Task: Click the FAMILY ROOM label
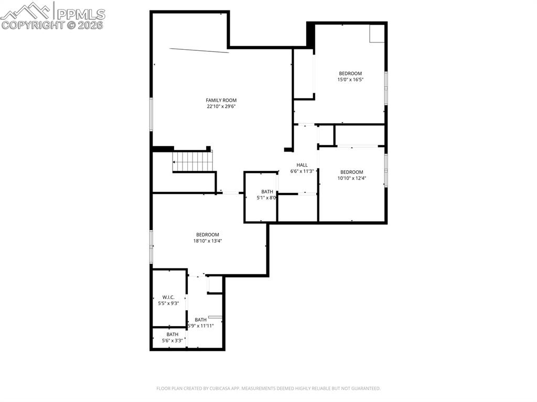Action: tap(221, 100)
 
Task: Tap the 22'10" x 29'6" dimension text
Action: tap(221, 106)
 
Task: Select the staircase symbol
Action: tap(194, 161)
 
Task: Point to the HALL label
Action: tap(302, 165)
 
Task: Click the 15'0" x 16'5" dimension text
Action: tap(350, 80)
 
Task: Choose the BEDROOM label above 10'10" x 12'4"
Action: tap(351, 172)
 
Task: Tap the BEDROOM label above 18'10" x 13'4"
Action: tap(208, 235)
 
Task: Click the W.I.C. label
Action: tap(168, 297)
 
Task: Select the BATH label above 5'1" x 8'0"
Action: tap(267, 192)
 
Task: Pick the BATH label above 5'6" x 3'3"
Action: tap(173, 334)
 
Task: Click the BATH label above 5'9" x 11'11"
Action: tap(201, 320)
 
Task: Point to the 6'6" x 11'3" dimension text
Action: tap(302, 171)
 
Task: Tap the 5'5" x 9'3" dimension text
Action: tap(168, 303)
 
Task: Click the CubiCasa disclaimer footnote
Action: tap(268, 388)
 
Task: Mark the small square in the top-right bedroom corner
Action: tap(377, 34)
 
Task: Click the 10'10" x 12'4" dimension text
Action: tap(351, 178)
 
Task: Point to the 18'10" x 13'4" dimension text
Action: tap(208, 241)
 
